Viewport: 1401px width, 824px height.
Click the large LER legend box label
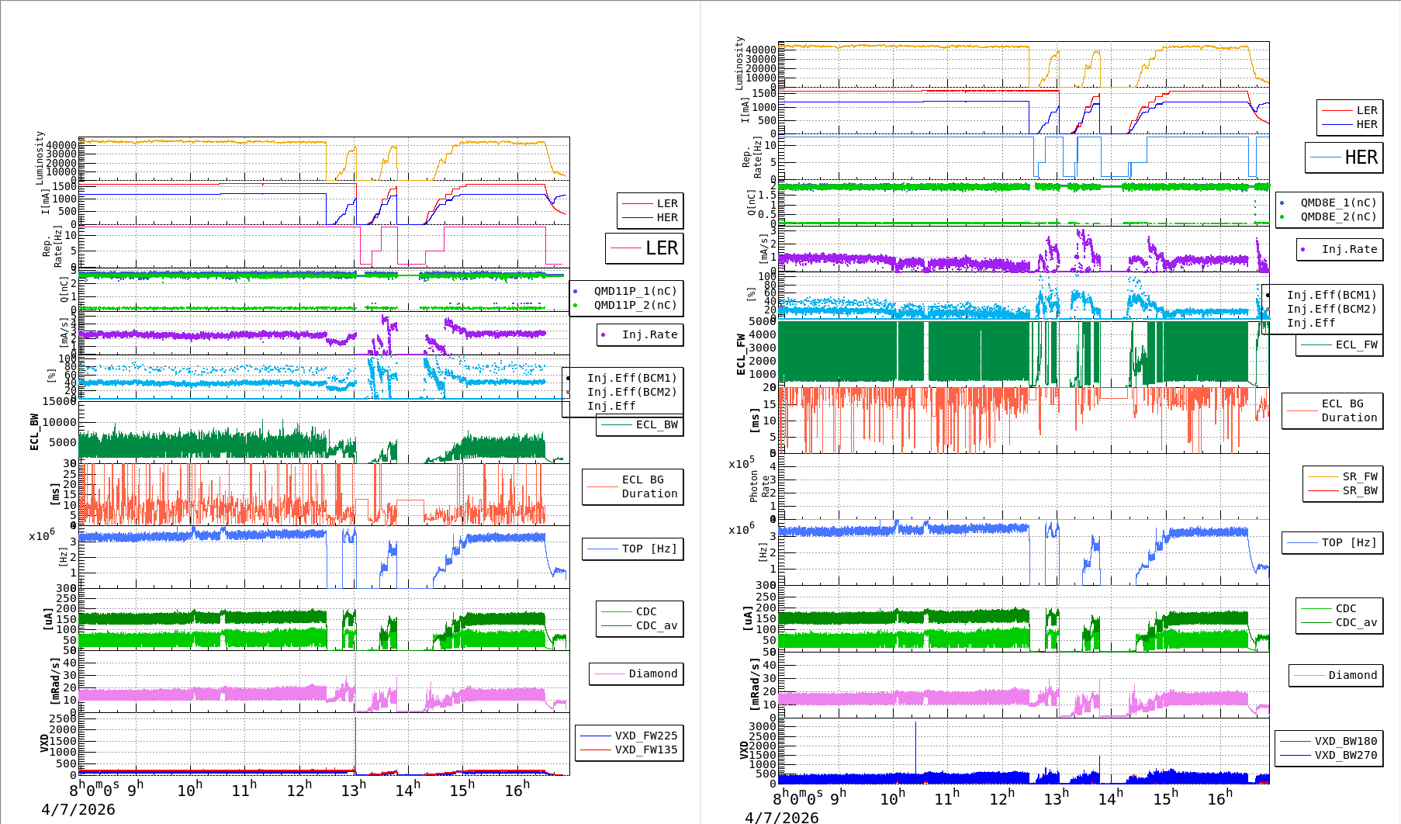(661, 248)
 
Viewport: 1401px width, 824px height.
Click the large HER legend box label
(1361, 158)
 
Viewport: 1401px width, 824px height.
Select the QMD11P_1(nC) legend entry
(635, 291)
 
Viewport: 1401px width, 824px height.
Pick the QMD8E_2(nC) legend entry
(1338, 216)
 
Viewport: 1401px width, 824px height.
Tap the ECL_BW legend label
(656, 424)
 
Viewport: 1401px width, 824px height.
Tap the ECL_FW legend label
(1356, 344)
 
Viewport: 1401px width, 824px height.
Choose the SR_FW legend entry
(1360, 476)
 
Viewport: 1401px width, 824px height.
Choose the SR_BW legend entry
(1360, 490)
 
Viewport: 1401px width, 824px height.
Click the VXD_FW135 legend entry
(645, 750)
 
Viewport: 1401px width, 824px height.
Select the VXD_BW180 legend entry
(1345, 741)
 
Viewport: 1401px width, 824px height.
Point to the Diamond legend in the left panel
(652, 673)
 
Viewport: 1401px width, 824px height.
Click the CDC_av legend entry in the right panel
(1356, 622)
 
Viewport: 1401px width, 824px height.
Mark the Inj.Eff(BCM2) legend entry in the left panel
(631, 392)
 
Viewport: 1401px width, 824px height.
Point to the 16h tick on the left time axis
(517, 790)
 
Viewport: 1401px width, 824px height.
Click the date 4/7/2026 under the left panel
(78, 809)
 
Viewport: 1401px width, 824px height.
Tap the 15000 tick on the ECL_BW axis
(60, 401)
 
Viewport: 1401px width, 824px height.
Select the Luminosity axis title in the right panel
(739, 63)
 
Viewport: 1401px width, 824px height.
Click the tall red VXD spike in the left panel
(355, 737)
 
